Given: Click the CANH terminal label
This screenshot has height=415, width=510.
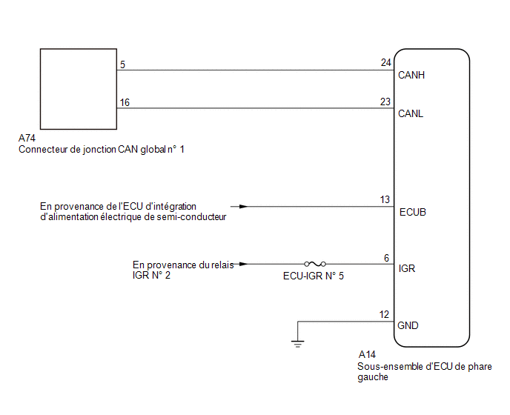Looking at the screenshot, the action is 411,75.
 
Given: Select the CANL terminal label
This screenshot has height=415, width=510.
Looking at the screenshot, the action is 411,113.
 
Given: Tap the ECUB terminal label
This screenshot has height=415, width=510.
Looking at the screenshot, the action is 412,212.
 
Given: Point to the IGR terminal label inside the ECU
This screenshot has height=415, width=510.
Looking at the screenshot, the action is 406,268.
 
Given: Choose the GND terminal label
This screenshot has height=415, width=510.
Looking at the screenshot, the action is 408,325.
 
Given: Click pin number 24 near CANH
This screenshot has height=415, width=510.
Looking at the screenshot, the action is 385,62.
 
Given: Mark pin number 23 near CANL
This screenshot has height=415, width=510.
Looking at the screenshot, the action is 385,102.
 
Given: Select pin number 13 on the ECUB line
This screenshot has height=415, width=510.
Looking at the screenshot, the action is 385,199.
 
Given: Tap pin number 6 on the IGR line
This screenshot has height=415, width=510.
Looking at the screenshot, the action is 386,258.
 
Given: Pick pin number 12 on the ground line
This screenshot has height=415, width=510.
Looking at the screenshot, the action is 384,314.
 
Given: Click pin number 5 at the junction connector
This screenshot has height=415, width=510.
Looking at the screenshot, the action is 122,64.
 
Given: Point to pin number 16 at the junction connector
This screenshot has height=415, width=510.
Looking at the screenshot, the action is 125,102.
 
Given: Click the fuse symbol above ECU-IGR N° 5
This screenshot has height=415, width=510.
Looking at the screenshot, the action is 315,264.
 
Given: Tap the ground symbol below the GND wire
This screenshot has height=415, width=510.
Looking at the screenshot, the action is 297,343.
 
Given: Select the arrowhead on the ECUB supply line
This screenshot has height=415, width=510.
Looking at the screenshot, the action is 243,206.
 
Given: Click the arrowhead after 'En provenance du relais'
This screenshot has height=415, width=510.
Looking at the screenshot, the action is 243,264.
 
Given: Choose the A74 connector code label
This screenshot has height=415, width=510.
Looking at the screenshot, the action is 27,139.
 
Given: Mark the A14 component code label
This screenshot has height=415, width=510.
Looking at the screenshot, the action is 367,354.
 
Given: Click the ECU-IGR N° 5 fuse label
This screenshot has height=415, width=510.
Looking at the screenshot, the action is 314,276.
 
